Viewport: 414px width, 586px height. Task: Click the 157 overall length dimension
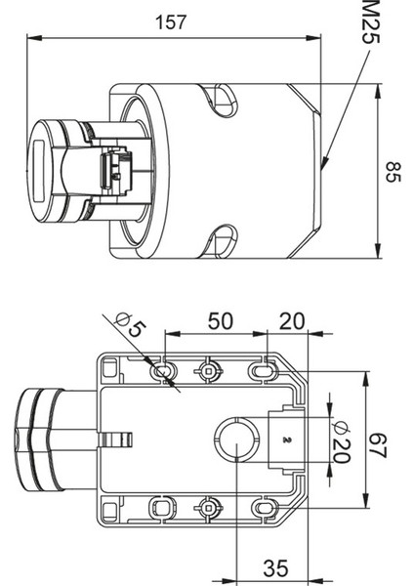click(x=170, y=22)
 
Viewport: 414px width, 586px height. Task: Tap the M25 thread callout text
click(x=370, y=21)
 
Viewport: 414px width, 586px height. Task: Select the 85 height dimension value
click(x=393, y=172)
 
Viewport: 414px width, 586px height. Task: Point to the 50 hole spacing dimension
click(x=221, y=321)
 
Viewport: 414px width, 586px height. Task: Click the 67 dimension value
click(x=378, y=445)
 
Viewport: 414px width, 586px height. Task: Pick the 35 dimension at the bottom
click(x=275, y=568)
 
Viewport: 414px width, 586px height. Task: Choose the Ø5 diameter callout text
click(x=131, y=325)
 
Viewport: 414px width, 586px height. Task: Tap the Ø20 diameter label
click(x=342, y=441)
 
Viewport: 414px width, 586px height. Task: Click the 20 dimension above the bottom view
click(x=292, y=321)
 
